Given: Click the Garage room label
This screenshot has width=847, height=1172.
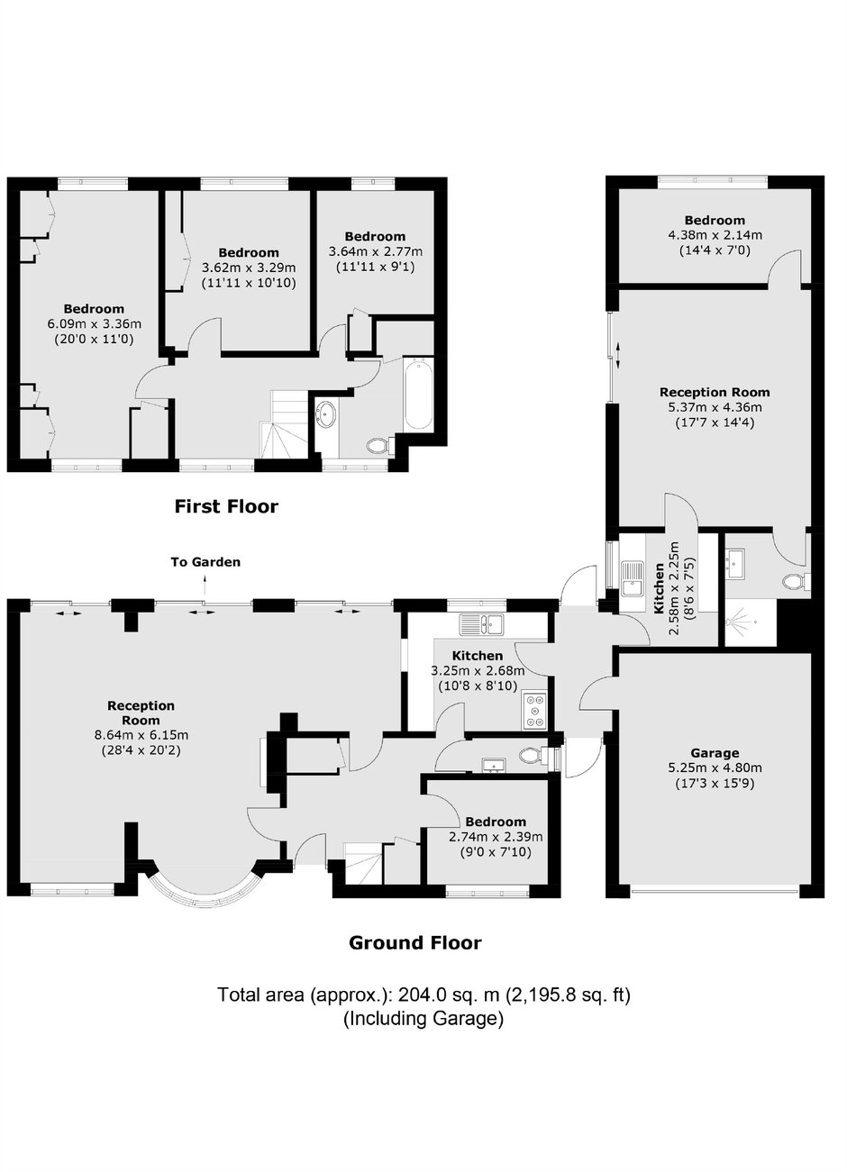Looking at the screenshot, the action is click(715, 753).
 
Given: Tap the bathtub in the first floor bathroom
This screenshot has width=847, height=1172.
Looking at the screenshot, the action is click(418, 394).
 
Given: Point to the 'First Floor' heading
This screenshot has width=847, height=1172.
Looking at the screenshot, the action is click(226, 506).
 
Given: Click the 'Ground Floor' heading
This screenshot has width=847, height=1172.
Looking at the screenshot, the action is click(415, 942).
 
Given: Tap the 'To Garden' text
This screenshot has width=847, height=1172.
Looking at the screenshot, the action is click(205, 562).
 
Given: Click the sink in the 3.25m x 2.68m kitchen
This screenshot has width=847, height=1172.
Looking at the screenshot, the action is click(481, 624).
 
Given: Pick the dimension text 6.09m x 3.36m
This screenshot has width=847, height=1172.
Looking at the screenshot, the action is click(95, 324).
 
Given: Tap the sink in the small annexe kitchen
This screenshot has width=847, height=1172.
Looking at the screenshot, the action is click(633, 578).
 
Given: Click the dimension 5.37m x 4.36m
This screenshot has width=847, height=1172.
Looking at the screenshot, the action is click(715, 406).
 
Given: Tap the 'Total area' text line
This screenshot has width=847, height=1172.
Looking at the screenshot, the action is click(423, 994).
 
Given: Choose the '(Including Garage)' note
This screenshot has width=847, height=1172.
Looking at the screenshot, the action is click(423, 1018).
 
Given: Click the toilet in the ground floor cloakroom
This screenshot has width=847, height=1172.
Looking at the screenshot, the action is click(533, 754).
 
